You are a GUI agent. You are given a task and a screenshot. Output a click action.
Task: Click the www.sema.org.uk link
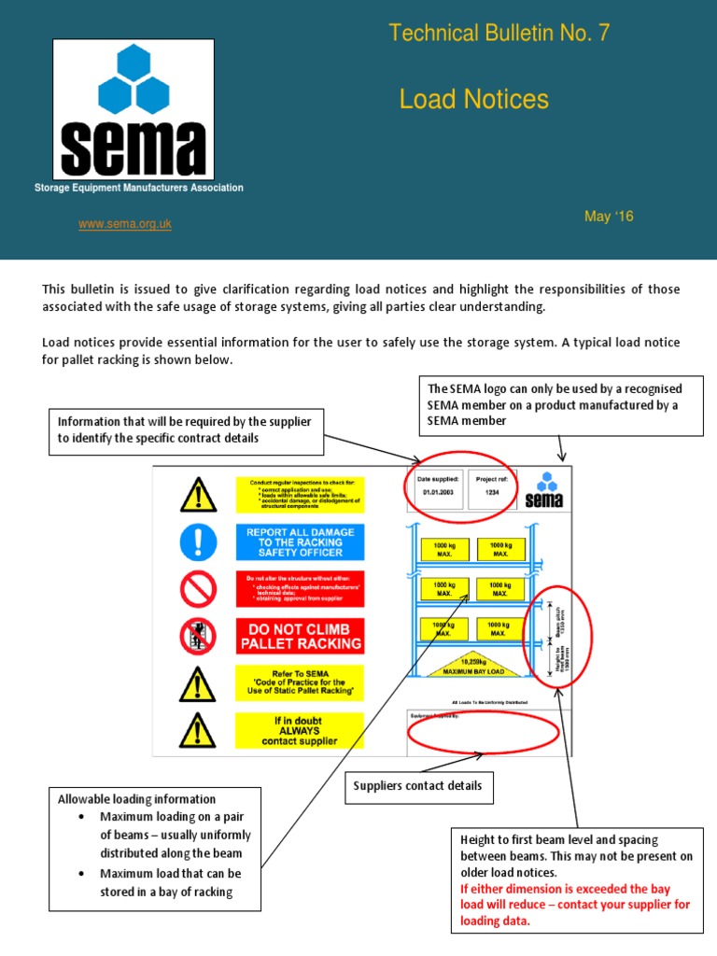pos(124,224)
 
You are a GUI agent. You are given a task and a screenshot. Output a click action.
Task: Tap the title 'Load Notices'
pos(473,100)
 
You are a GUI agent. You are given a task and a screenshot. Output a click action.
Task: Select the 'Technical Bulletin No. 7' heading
pos(499,35)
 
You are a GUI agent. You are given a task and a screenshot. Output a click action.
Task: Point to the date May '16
pos(608,217)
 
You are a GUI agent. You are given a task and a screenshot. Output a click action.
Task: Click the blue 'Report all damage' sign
pos(300,541)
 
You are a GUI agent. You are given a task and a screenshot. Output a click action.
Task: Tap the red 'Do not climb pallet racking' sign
pos(300,636)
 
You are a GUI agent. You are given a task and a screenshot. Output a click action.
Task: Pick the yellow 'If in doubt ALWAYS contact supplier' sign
pos(300,729)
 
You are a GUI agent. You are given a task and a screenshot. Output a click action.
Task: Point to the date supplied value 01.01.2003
pos(436,493)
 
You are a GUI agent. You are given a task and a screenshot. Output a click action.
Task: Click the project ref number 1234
pos(494,493)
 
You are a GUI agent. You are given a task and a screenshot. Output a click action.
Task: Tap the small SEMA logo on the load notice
pos(544,489)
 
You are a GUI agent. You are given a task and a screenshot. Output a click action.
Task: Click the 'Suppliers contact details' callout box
pos(417,786)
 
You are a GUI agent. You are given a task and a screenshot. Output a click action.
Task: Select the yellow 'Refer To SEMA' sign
pos(300,682)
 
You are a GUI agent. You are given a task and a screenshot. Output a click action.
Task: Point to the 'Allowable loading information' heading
pos(137,799)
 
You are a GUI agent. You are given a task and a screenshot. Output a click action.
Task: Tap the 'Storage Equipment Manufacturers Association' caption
pos(138,188)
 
